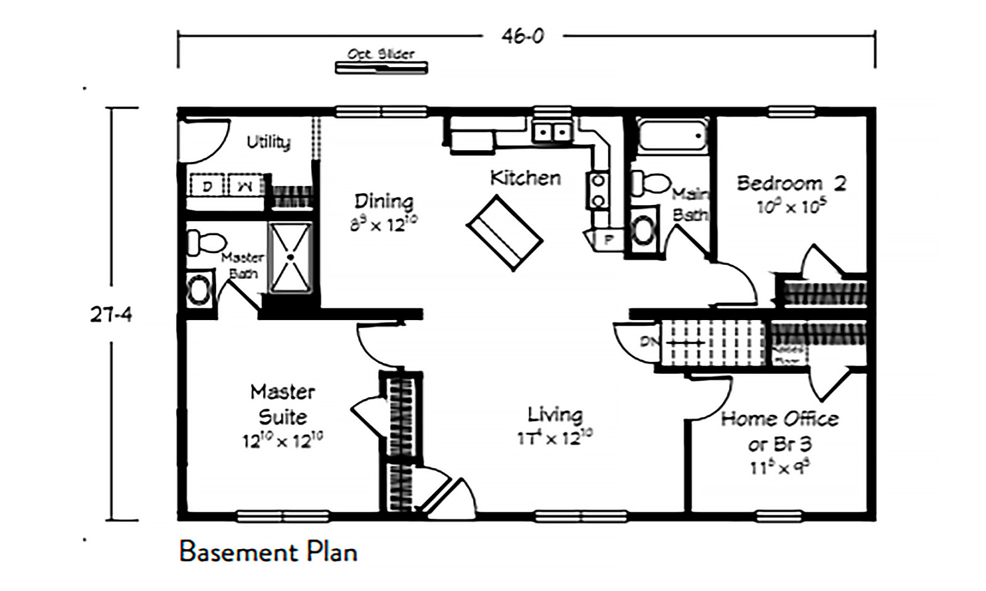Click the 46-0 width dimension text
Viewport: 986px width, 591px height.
pos(522,36)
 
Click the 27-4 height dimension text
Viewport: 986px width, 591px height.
pos(111,315)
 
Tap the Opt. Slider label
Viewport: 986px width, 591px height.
pos(381,54)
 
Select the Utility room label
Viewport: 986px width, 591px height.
pos(269,142)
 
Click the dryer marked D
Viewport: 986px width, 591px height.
pos(207,185)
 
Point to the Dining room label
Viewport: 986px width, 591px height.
pos(383,201)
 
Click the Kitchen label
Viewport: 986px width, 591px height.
pos(525,178)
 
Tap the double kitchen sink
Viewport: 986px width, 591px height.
pos(552,132)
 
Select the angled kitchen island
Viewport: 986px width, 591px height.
pos(505,232)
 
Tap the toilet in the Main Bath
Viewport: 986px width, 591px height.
pos(651,183)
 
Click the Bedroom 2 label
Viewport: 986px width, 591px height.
pos(791,183)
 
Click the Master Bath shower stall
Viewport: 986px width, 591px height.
pos(291,257)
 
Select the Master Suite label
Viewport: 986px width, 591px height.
pos(282,404)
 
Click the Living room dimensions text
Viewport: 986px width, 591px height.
pos(555,438)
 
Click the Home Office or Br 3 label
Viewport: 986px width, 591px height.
pos(780,431)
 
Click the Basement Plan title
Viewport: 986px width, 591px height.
pos(268,552)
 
